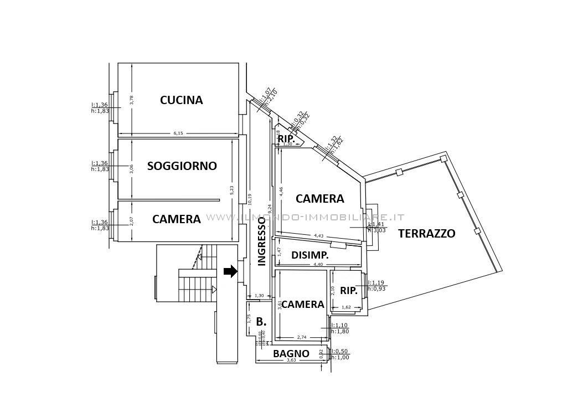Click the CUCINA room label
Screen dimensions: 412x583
(181, 100)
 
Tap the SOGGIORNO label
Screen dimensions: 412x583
(182, 166)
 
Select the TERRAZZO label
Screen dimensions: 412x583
(426, 234)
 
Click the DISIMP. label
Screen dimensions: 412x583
(310, 255)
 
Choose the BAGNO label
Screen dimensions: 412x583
(291, 354)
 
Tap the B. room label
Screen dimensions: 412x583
(261, 321)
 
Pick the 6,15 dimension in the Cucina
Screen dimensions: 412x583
(178, 133)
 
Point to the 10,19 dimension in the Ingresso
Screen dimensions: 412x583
(250, 199)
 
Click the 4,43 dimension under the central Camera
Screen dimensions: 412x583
(319, 236)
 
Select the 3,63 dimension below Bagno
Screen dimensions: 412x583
(291, 360)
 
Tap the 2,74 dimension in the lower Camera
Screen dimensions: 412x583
(302, 337)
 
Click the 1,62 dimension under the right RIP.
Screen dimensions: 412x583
(346, 307)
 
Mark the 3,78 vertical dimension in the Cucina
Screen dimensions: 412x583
(131, 100)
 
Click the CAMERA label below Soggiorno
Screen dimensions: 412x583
(176, 219)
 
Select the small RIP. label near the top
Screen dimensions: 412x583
(286, 138)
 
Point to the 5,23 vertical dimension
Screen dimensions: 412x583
(232, 189)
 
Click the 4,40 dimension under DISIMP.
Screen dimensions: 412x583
(318, 265)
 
